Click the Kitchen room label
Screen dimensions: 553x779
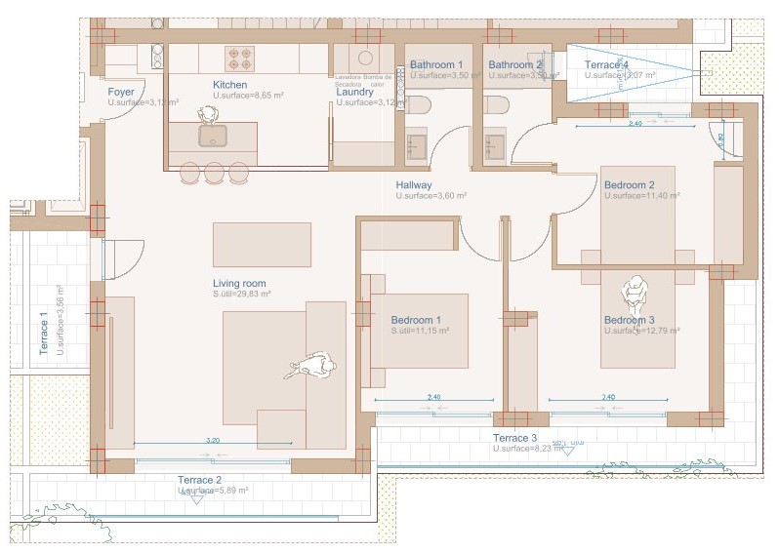tap(229, 85)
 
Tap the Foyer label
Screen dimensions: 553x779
tap(121, 92)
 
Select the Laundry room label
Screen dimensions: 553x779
tap(354, 93)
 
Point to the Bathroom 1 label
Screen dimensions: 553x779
tap(436, 65)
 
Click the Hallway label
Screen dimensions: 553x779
tap(414, 185)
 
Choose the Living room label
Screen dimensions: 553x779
tap(239, 283)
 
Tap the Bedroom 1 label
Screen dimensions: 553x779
tap(416, 320)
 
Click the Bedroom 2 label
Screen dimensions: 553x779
tap(629, 185)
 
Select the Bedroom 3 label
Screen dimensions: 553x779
tap(629, 320)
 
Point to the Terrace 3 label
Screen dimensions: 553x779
tap(515, 438)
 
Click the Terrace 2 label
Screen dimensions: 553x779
tap(200, 480)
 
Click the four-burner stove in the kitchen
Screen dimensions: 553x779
tap(240, 59)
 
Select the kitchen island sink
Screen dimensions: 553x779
tap(213, 135)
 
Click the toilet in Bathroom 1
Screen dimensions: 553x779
tap(419, 104)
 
